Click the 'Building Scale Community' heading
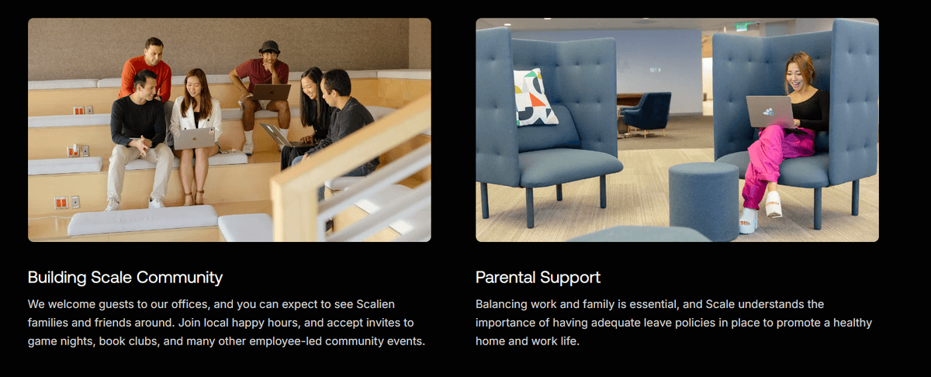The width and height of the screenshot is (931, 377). [125, 278]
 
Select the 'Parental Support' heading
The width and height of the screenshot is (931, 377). [538, 278]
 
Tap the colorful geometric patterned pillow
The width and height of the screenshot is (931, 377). [535, 97]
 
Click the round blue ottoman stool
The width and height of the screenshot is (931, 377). [704, 201]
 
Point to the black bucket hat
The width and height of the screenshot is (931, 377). [269, 47]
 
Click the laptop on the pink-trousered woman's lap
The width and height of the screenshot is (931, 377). [771, 112]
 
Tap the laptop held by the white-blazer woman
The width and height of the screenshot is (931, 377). [195, 138]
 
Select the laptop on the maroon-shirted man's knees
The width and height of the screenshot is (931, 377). [272, 92]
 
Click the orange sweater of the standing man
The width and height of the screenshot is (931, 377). [146, 77]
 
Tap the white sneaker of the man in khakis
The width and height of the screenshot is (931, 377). [156, 203]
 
